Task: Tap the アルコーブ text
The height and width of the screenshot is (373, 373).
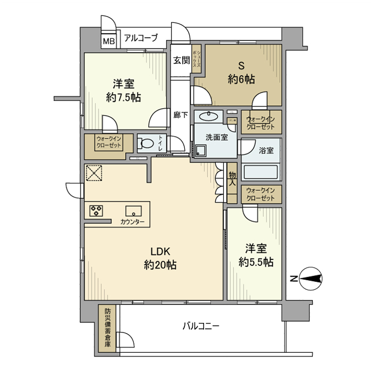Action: [x=141, y=38]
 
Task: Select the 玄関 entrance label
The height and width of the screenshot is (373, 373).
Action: [x=181, y=60]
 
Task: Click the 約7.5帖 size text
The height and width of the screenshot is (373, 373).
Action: [x=123, y=98]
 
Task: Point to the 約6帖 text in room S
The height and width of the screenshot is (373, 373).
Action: [x=241, y=79]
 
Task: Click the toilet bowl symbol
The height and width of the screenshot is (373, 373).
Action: [x=145, y=142]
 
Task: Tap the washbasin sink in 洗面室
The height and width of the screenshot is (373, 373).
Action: [x=209, y=117]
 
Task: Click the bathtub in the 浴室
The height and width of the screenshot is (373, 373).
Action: [x=261, y=172]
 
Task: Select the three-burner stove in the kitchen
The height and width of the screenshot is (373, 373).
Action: [x=97, y=210]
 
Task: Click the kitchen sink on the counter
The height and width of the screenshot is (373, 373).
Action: [x=133, y=209]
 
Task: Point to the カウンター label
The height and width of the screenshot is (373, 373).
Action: [x=132, y=221]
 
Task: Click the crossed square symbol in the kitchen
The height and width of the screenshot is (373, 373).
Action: [x=94, y=173]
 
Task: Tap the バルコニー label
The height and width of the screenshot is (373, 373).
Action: [x=201, y=326]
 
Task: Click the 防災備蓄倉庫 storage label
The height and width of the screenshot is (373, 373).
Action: [x=107, y=328]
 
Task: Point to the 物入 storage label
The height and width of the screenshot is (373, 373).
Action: [x=232, y=178]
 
